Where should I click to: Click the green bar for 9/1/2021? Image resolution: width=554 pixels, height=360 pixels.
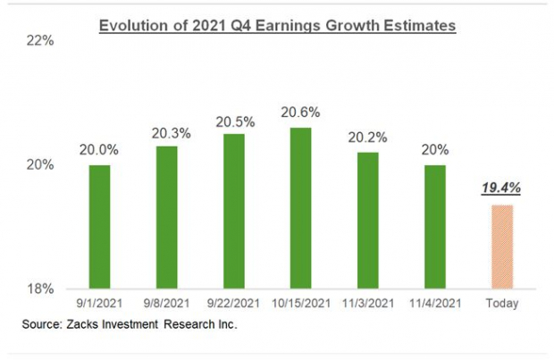coord(99,226)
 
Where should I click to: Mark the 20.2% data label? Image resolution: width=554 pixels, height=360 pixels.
coord(365,138)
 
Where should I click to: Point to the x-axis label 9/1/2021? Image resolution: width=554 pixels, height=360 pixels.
coord(99,305)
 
